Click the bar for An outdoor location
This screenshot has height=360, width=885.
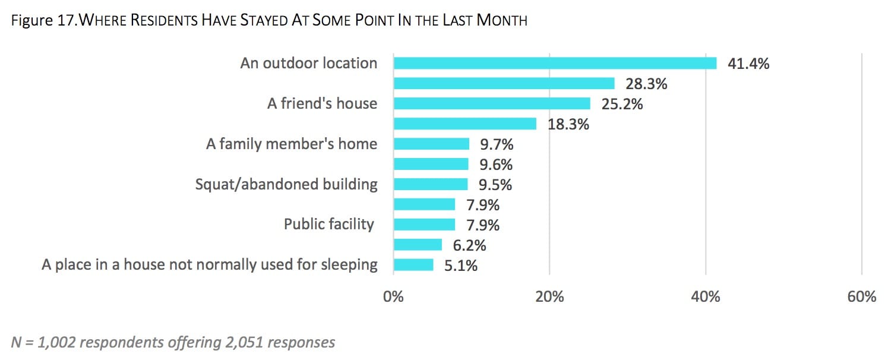point(555,63)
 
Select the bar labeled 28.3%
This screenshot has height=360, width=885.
point(504,83)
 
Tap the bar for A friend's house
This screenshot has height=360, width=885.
point(492,103)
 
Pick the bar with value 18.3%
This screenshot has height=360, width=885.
point(464,124)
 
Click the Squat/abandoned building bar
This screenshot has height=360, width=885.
point(431,184)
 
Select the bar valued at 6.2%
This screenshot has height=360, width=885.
point(418,245)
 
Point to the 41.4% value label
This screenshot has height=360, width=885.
point(748,64)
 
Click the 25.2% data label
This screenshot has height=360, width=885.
point(622,104)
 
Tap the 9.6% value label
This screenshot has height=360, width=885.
point(496,165)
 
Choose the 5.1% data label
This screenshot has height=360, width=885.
point(460,266)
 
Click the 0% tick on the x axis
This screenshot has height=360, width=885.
point(393,296)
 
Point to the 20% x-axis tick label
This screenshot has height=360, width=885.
point(549,296)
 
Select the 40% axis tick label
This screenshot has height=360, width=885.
point(706,296)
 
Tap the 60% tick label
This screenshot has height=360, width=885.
point(861,296)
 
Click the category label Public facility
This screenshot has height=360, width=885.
point(329,225)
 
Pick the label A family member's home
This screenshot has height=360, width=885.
point(292,144)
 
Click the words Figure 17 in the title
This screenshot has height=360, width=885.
point(43,20)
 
